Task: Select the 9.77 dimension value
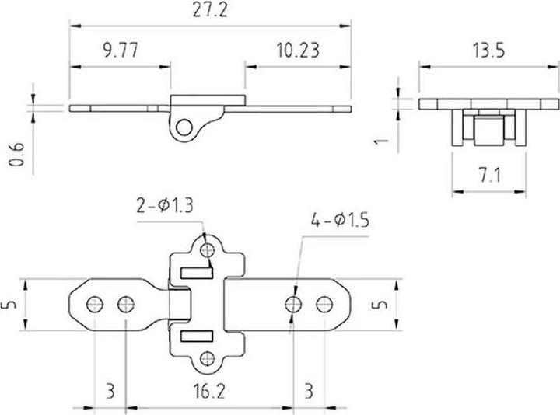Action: click(x=119, y=51)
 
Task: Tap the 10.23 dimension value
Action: click(x=298, y=51)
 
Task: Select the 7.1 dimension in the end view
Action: click(x=488, y=176)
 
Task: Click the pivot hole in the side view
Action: click(x=184, y=127)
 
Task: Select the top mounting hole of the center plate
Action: click(x=207, y=249)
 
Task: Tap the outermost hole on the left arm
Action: click(x=95, y=303)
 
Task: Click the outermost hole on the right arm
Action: click(x=322, y=303)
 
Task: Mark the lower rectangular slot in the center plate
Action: click(x=198, y=337)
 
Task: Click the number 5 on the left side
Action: click(x=9, y=304)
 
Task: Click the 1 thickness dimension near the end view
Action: click(x=380, y=141)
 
